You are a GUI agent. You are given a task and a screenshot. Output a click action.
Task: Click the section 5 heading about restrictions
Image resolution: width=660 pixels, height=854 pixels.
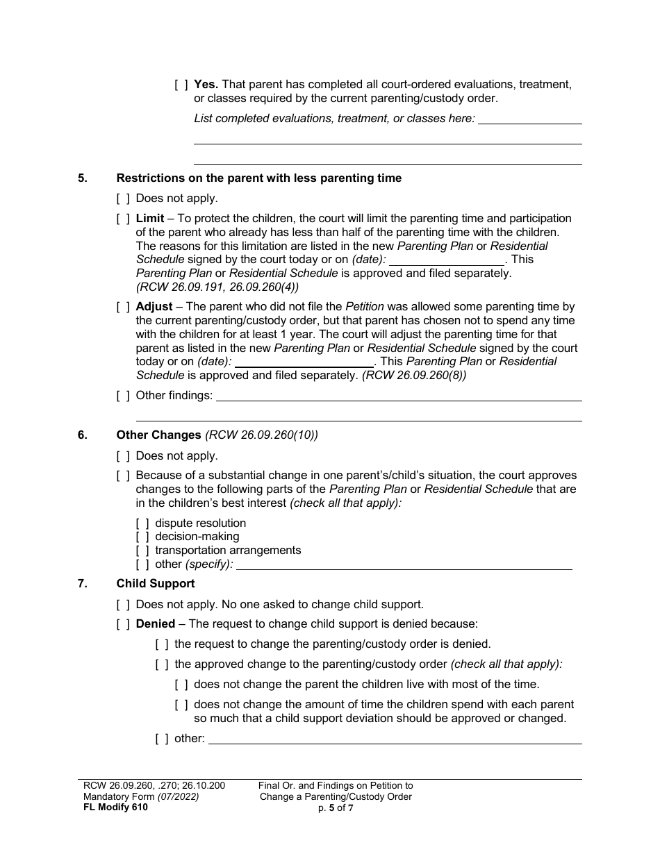[258, 178]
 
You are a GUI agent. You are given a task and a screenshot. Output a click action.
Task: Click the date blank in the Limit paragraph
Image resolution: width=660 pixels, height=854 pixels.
[446, 260]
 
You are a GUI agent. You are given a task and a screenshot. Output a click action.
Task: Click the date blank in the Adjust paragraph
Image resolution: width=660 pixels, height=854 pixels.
[304, 362]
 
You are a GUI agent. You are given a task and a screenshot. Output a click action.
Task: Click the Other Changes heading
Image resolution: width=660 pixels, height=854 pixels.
[158, 435]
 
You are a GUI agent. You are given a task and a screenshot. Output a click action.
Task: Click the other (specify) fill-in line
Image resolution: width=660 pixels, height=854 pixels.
[404, 564]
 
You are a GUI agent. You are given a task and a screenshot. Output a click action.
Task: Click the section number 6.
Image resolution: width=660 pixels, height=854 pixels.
[83, 435]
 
